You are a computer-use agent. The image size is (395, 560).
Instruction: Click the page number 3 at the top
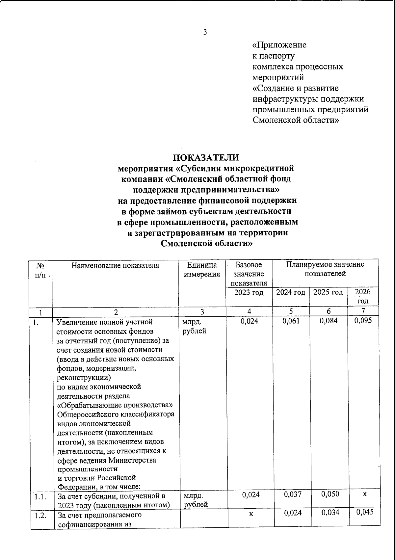point(205,32)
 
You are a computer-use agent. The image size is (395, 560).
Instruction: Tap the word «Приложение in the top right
point(279,45)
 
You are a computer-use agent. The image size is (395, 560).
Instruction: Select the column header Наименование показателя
point(116,265)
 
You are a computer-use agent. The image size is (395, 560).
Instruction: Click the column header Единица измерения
point(202,270)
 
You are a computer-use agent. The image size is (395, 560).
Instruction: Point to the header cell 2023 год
point(249,292)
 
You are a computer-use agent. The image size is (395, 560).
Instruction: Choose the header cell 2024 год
point(291,292)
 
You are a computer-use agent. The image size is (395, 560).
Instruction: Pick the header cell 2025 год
point(328,292)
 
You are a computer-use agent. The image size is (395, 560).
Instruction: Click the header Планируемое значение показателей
point(325,269)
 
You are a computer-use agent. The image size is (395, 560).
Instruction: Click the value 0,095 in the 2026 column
point(363,321)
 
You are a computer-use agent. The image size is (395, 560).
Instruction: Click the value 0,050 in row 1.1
point(330,494)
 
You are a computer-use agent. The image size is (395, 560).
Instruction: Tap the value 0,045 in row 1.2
point(365,512)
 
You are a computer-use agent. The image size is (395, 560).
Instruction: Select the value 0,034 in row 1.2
point(330,512)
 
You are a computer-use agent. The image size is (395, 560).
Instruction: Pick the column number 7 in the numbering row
point(363,311)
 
